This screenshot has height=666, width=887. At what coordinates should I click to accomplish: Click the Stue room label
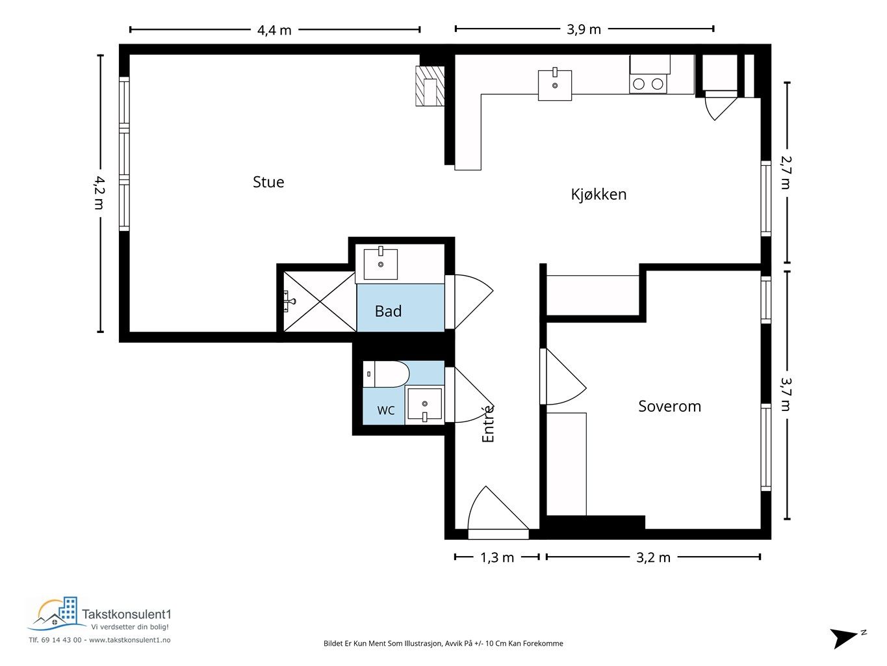(268, 182)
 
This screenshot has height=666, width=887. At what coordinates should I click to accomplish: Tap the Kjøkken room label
(598, 194)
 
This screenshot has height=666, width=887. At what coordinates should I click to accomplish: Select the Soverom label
(669, 406)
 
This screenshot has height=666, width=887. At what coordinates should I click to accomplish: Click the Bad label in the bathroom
(388, 312)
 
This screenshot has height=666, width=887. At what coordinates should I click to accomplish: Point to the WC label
(385, 410)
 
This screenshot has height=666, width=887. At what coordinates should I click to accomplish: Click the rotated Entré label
(488, 424)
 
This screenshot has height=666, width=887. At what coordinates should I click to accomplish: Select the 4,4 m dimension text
(274, 31)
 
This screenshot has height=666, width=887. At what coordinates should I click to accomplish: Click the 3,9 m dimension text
(584, 29)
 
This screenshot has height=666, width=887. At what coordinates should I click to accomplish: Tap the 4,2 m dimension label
(99, 193)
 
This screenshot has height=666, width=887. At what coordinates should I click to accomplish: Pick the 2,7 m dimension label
(786, 172)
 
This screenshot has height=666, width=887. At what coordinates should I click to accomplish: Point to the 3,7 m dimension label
(786, 394)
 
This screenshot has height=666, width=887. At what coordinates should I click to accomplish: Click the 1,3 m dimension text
(497, 558)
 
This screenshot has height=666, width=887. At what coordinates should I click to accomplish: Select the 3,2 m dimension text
(653, 558)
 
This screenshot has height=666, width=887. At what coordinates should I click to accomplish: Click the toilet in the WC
(387, 375)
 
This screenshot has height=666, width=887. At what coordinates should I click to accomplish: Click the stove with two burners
(648, 84)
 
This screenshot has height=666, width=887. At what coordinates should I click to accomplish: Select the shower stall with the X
(320, 302)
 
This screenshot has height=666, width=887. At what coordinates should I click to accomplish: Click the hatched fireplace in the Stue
(430, 86)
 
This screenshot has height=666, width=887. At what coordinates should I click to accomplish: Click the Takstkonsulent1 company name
(127, 615)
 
